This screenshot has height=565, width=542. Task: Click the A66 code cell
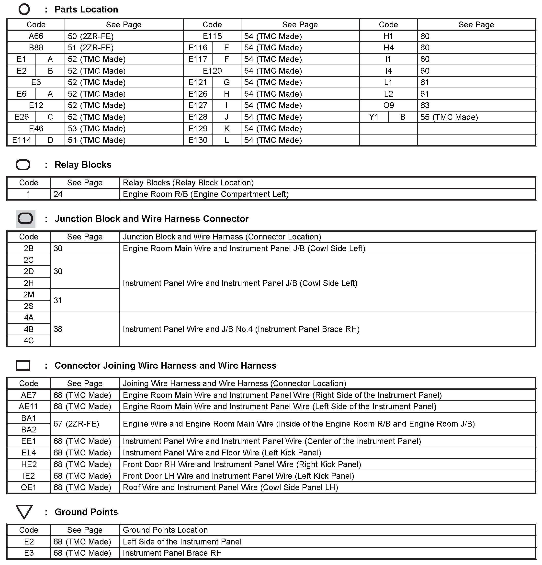[x=36, y=36]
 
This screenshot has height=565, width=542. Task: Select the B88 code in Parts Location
[x=36, y=47]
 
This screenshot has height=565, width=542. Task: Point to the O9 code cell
[x=388, y=105]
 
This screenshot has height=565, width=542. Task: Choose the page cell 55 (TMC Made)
[x=449, y=117]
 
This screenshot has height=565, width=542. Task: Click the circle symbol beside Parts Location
[x=24, y=9]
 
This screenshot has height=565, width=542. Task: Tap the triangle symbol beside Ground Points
[x=24, y=512]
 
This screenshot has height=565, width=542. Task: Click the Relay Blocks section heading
[x=83, y=165]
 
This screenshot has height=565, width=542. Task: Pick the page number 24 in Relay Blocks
[x=58, y=194]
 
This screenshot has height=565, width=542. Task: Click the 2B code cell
[x=29, y=249]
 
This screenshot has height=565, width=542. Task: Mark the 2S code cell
[x=29, y=306]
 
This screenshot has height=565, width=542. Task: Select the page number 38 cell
[x=58, y=329]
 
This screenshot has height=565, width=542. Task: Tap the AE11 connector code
[x=29, y=407]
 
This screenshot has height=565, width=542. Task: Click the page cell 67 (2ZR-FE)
[x=76, y=424]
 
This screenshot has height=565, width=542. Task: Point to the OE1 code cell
[x=29, y=487]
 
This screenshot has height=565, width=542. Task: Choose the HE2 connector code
[x=29, y=464]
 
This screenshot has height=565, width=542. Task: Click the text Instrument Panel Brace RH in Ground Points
[x=172, y=553]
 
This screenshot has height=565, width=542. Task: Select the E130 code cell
[x=198, y=140]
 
